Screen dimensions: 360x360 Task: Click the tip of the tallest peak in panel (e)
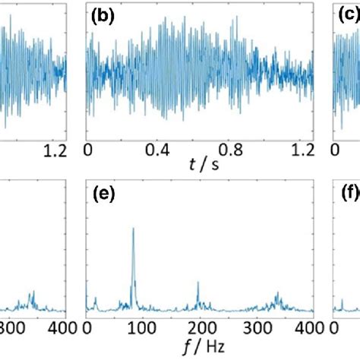click(134, 228)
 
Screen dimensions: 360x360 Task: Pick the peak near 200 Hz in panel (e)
click(197, 283)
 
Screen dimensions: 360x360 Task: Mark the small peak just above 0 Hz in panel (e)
click(95, 298)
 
